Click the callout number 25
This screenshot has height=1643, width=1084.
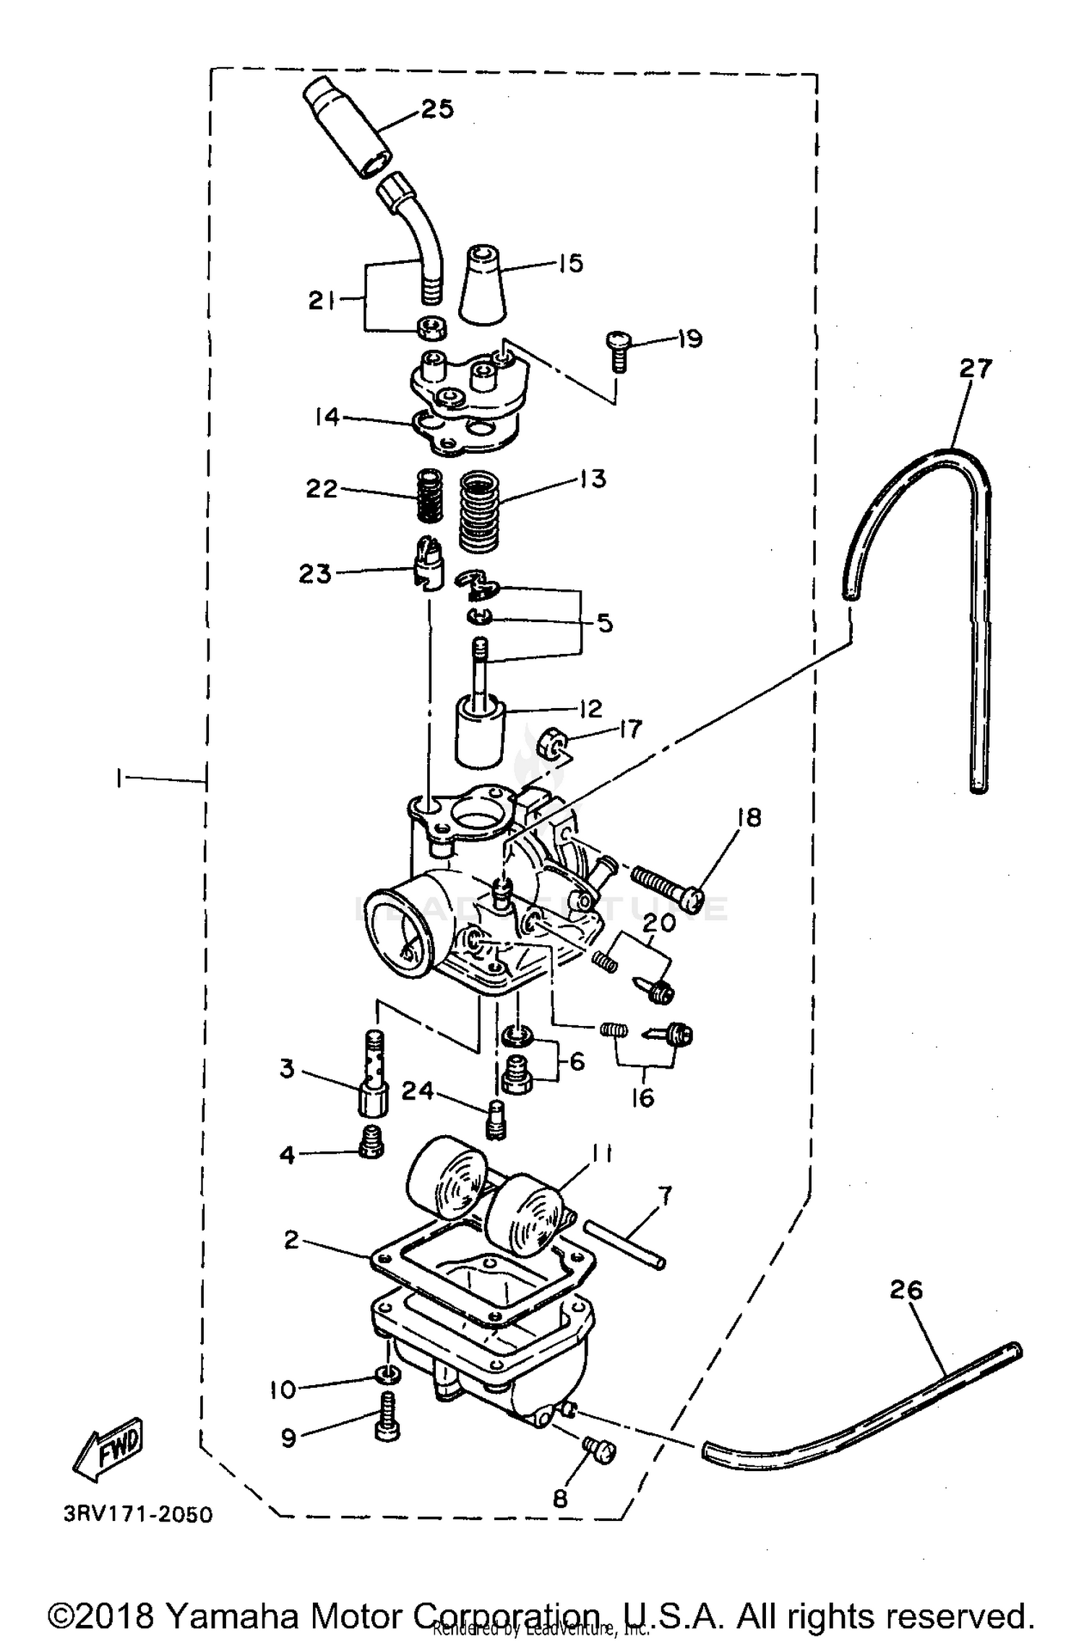(437, 109)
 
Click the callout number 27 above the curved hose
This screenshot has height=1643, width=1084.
(975, 368)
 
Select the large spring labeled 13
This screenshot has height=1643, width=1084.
(481, 511)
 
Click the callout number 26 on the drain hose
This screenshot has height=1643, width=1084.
(906, 1289)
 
